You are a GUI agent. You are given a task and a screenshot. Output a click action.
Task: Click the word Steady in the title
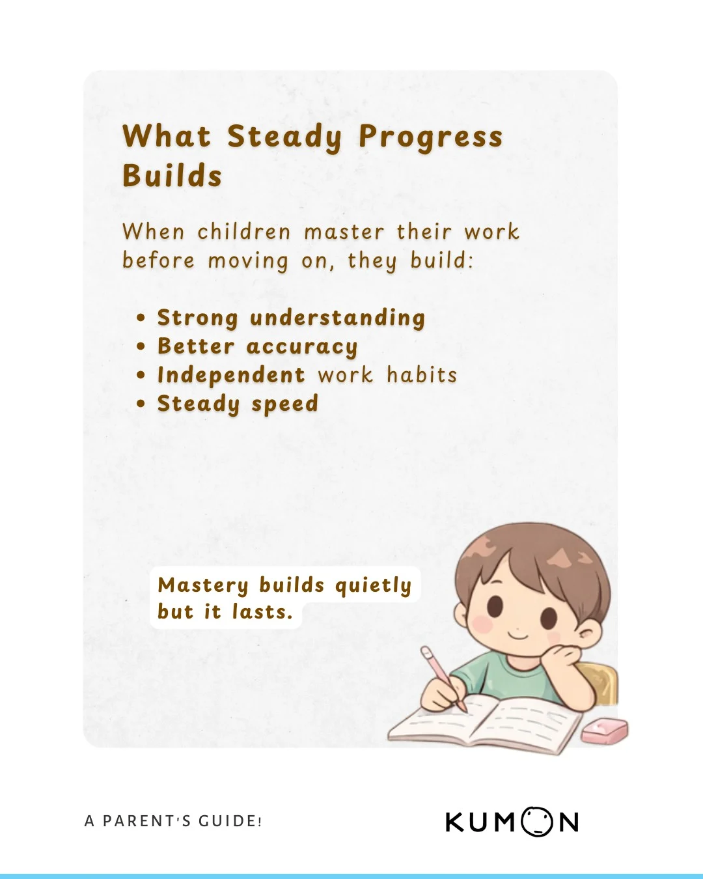[284, 137]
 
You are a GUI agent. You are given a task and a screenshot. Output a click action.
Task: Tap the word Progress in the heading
[430, 137]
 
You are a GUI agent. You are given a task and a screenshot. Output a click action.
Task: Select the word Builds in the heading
[172, 176]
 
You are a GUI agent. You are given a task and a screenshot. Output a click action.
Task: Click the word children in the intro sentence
[243, 232]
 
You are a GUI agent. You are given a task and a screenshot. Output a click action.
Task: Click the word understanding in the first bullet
[337, 318]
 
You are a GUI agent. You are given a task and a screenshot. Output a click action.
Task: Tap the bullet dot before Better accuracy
[141, 347]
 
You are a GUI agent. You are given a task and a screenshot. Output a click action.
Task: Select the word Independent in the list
[231, 375]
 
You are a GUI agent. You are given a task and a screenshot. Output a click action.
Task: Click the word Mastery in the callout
[203, 585]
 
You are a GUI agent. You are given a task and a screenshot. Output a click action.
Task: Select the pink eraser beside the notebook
[604, 731]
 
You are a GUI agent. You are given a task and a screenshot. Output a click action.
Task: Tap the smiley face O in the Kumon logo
[535, 821]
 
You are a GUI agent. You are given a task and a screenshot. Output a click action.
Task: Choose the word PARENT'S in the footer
[146, 821]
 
